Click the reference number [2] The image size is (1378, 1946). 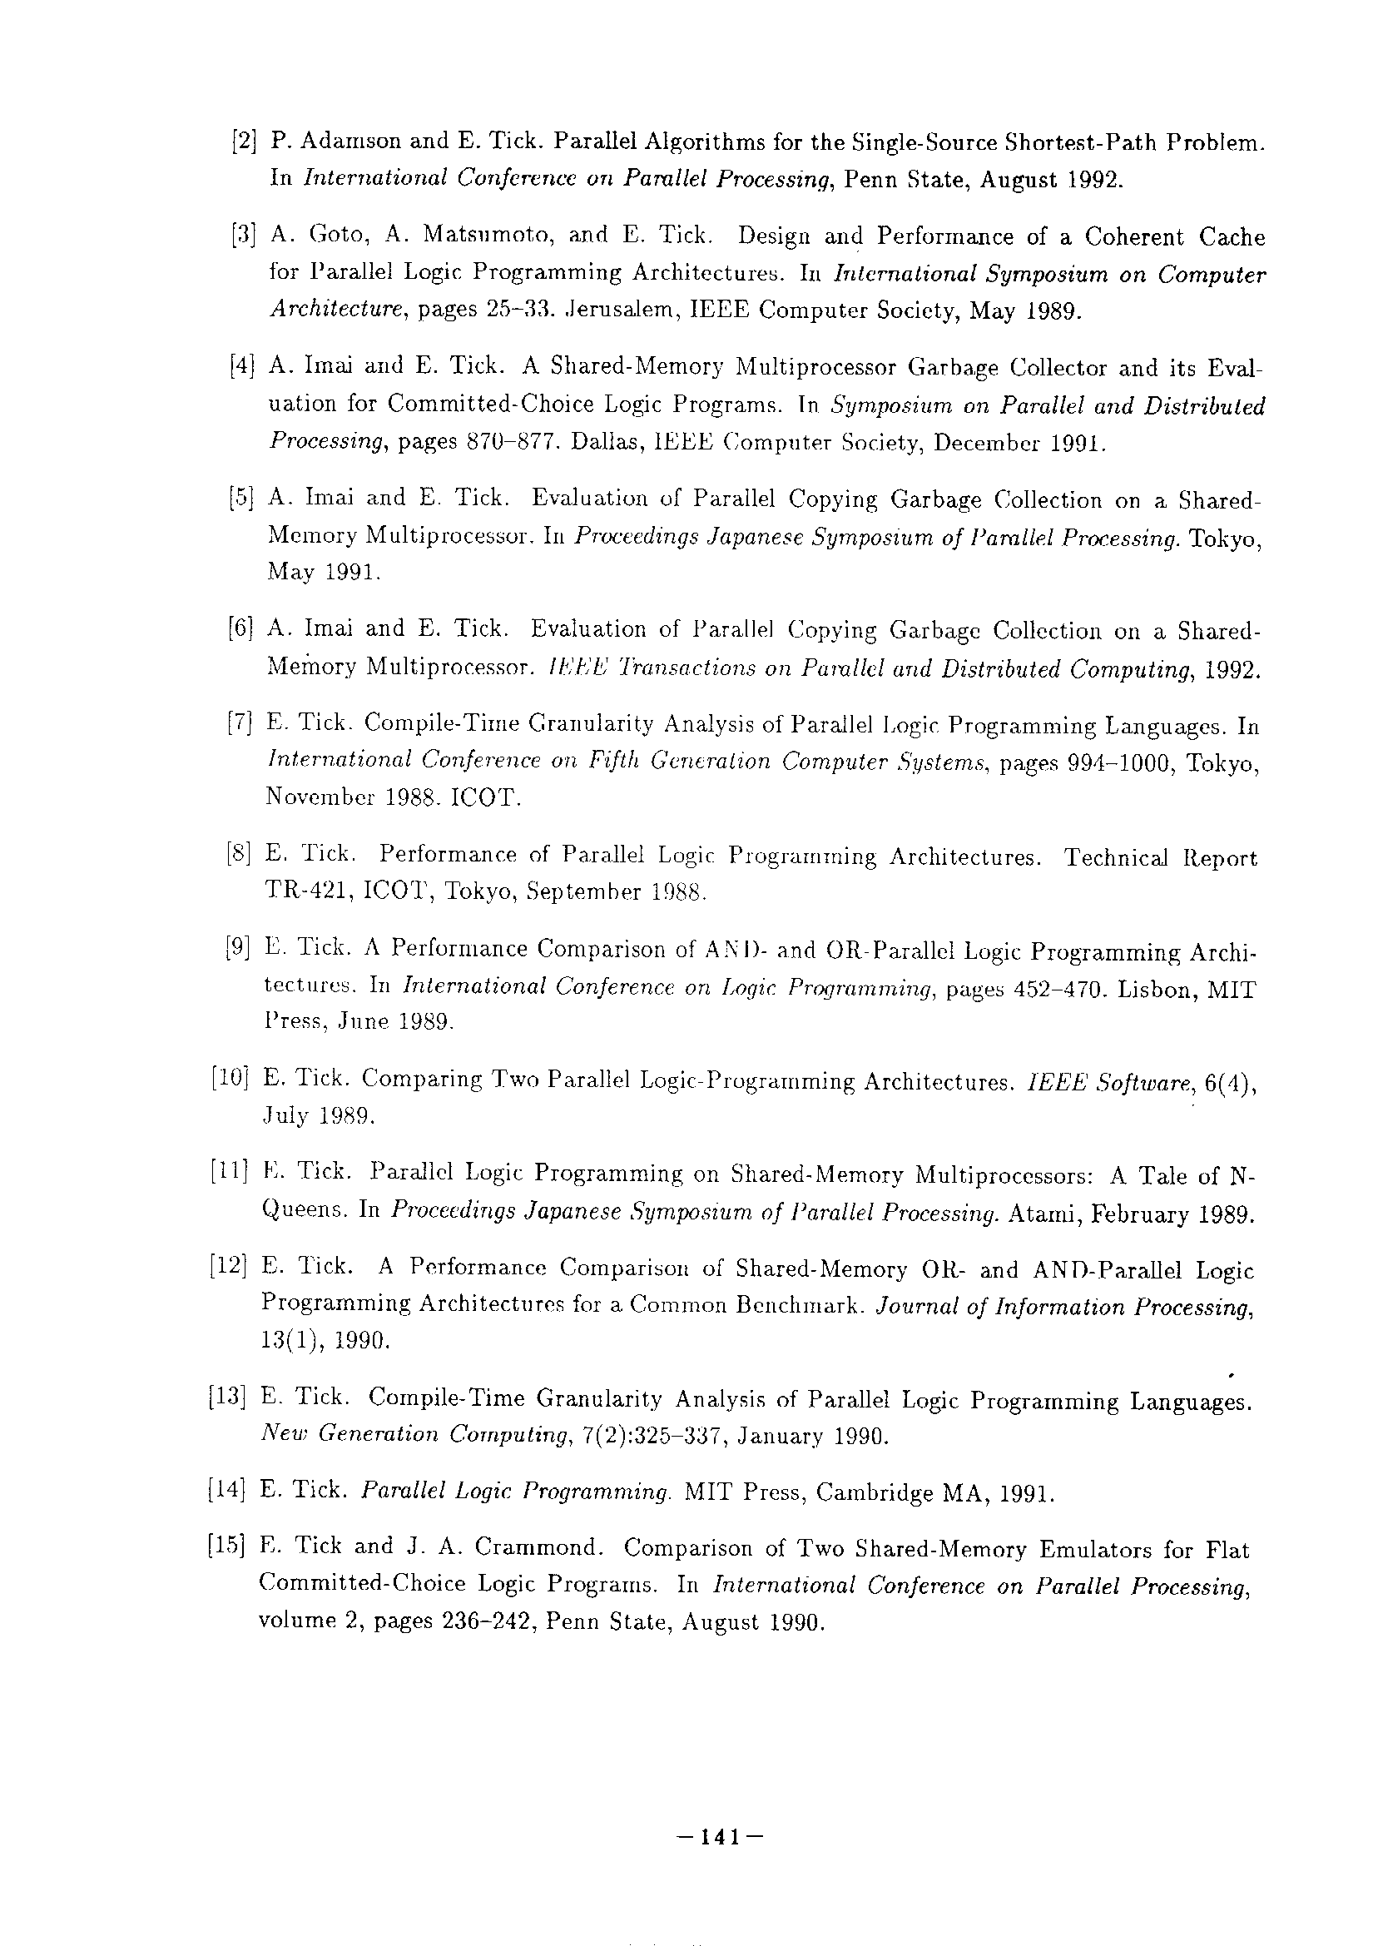(x=244, y=141)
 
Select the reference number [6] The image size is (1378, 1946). (x=242, y=629)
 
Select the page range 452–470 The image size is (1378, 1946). (x=1053, y=990)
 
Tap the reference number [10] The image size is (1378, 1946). (x=229, y=1079)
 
